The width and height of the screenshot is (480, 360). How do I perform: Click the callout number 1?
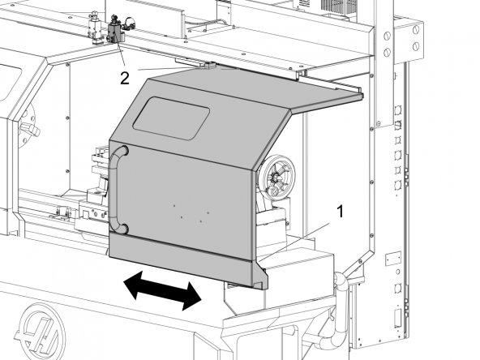(340, 212)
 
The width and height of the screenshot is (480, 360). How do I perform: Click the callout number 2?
(125, 79)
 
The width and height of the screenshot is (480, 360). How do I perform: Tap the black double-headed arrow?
(162, 290)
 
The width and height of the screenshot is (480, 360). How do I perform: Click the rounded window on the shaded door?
(171, 118)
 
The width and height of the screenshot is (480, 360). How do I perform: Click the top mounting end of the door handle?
(123, 150)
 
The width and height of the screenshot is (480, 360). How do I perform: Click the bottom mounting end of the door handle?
(124, 229)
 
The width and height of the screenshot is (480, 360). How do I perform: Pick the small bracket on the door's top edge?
(211, 65)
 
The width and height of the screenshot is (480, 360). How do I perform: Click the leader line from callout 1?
(294, 242)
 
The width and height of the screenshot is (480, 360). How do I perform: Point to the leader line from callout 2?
(121, 53)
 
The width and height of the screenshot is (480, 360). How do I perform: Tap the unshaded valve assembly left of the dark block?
(95, 28)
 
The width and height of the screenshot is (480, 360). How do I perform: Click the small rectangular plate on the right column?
(393, 259)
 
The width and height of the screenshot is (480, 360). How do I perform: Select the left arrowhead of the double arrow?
(133, 283)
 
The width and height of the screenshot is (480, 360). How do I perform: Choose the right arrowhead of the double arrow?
(191, 296)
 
